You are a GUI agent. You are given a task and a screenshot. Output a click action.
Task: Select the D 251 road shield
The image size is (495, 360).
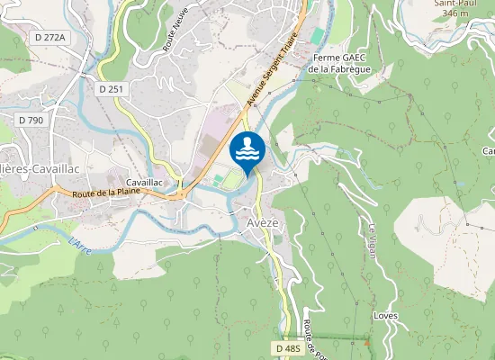coord(112,89)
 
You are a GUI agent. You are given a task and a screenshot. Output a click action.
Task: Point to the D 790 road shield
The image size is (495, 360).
coord(30,120)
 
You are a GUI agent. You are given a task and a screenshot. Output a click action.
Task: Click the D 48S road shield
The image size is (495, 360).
coord(288,347)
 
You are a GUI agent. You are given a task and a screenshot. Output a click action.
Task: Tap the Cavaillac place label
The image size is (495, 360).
coord(144,182)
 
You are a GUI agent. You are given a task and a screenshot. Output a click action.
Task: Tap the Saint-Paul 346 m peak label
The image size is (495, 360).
coord(454,9)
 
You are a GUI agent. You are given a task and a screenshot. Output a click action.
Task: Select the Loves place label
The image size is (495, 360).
coord(386,316)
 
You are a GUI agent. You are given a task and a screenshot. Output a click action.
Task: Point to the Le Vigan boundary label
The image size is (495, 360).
coord(372,239)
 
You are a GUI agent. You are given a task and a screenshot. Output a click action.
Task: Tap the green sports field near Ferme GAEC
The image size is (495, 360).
coord(318,34)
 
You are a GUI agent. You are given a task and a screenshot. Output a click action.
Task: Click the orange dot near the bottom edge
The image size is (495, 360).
coord(366,342)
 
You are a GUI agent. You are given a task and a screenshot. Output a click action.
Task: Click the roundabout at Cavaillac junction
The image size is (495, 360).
coord(183,191)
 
